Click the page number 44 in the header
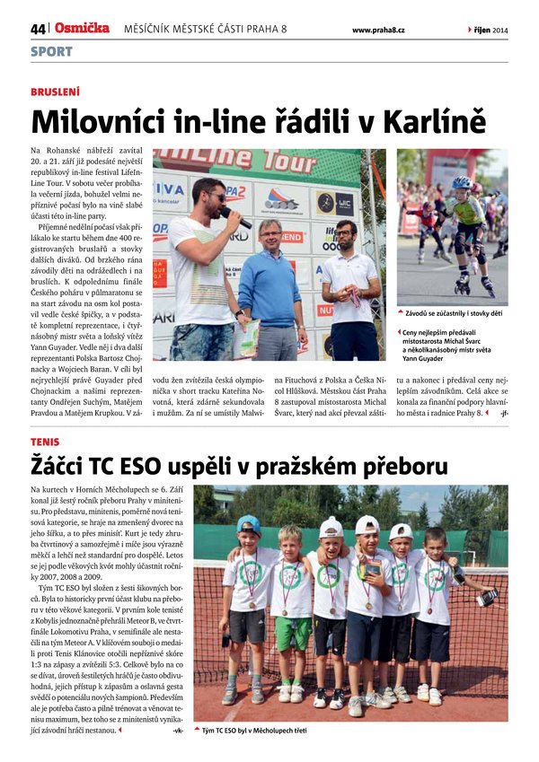tap(37, 30)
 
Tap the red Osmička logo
tap(82, 29)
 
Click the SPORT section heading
tap(51, 51)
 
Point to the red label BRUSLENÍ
tap(55, 92)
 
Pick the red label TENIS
tap(45, 442)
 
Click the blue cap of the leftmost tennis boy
tap(250, 524)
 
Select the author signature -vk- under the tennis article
tap(177, 731)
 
